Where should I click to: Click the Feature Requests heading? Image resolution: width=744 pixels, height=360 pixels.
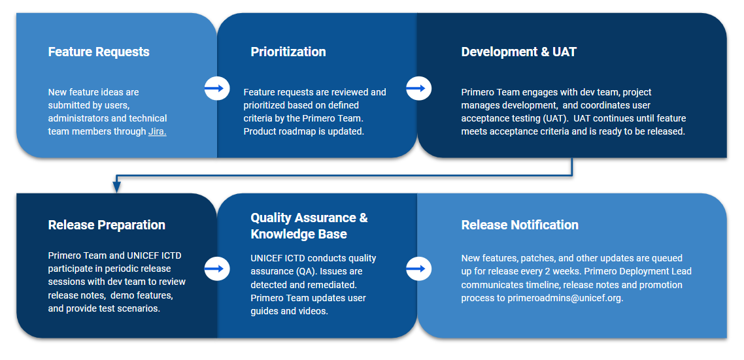pos(99,52)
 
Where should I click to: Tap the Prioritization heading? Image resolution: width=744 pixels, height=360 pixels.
pos(288,52)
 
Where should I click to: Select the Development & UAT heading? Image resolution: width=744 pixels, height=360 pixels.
pos(518,52)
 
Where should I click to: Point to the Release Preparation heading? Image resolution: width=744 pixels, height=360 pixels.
pos(107,225)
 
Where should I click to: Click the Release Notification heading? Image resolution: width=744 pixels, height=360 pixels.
pos(520,225)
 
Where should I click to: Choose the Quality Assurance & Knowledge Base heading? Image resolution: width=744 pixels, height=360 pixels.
pos(309,226)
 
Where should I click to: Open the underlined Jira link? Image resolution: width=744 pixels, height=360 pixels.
pos(157,132)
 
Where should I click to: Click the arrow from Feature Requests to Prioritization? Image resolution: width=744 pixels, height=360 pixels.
pos(217,88)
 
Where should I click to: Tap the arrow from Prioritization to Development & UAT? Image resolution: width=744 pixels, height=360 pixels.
pos(418,88)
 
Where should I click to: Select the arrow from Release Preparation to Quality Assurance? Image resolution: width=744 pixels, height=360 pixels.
pos(217,269)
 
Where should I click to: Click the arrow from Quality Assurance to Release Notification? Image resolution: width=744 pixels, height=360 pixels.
pos(418,269)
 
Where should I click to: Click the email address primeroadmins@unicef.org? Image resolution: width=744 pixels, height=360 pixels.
pos(565,299)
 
